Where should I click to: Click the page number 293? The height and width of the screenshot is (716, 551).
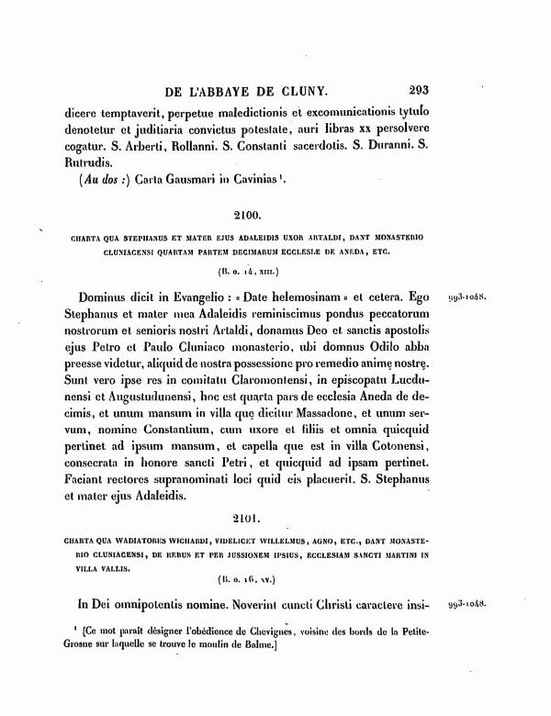(427, 91)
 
